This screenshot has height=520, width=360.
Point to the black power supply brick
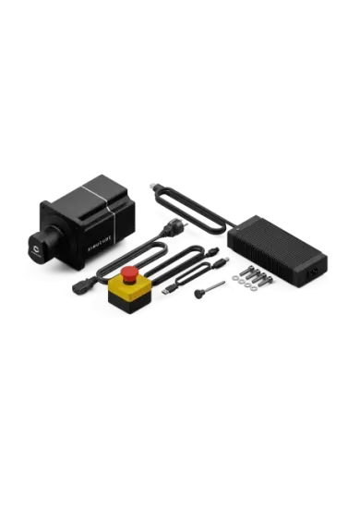(278, 248)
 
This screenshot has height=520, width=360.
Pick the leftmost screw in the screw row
(249, 272)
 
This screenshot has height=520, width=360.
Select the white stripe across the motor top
(89, 192)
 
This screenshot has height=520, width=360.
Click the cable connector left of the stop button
(80, 286)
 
